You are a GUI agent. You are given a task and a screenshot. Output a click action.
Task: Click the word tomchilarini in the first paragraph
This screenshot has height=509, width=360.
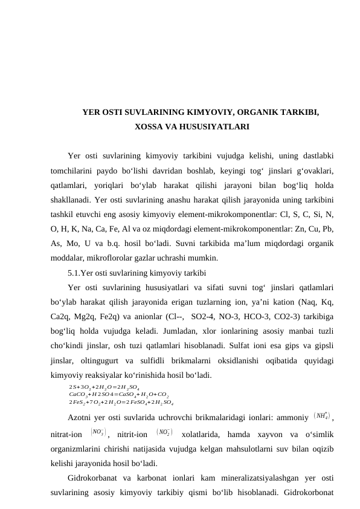pos(76,172)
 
